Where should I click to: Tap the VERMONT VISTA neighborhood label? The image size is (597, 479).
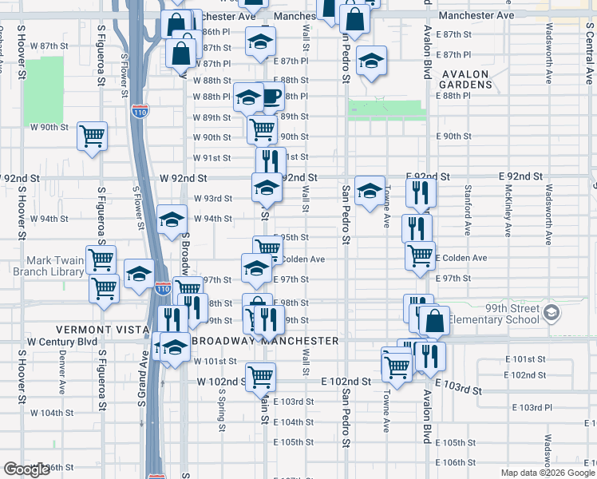[102, 330]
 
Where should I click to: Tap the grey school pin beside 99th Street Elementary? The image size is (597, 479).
[551, 312]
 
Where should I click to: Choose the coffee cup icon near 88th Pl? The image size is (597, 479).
[272, 97]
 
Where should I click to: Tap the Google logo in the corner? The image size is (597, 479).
[26, 469]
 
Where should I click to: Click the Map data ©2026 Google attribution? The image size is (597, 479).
[547, 473]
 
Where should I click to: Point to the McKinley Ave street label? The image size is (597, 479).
[508, 212]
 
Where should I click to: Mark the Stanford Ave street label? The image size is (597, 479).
[467, 210]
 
